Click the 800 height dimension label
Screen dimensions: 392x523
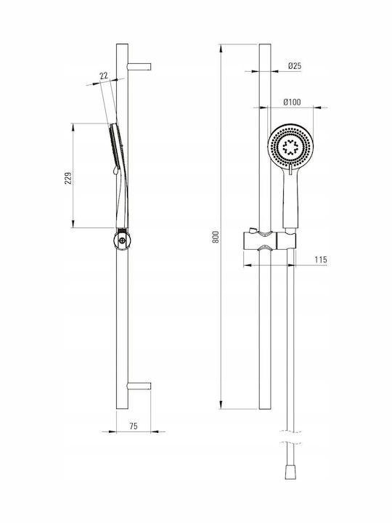[216, 237]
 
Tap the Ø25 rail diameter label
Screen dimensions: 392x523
[295, 65]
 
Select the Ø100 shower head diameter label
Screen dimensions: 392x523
[292, 102]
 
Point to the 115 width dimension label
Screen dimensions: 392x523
[321, 259]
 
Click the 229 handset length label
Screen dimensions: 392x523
[68, 179]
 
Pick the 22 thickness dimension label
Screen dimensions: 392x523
[104, 76]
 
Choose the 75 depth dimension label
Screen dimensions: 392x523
[134, 426]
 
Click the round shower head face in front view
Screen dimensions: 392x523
[290, 147]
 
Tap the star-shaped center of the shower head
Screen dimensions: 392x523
[290, 147]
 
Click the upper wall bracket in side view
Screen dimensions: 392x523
[139, 67]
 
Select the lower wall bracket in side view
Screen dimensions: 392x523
[139, 386]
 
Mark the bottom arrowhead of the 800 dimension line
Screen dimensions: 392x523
[221, 405]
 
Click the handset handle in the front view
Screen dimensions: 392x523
[290, 198]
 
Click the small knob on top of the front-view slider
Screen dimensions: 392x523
[252, 230]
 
